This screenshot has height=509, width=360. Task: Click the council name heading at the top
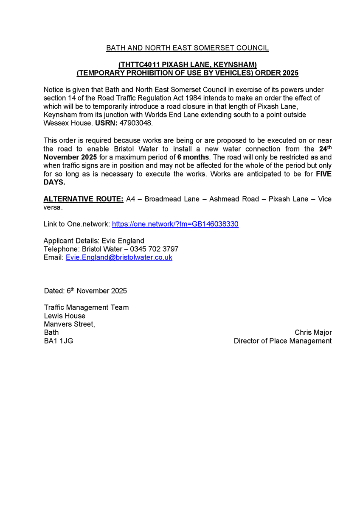tap(187, 48)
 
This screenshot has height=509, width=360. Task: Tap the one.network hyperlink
tap(175, 224)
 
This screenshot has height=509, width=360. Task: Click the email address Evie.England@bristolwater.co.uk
tap(119, 257)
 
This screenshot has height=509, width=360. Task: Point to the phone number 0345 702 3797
tap(155, 249)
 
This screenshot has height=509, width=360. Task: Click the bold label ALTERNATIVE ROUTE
tap(84, 199)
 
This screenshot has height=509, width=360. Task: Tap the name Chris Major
tap(313, 333)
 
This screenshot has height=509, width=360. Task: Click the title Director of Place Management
tap(282, 341)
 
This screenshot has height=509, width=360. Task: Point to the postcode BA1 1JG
tap(58, 341)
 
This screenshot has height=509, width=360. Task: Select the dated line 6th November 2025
tap(85, 291)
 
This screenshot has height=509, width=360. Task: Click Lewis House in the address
tap(65, 316)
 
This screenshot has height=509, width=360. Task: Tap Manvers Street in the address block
tap(69, 324)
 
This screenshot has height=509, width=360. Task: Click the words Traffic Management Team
tap(86, 308)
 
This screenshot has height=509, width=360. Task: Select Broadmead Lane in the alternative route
tap(172, 199)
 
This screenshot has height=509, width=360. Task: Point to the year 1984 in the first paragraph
tap(193, 98)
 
